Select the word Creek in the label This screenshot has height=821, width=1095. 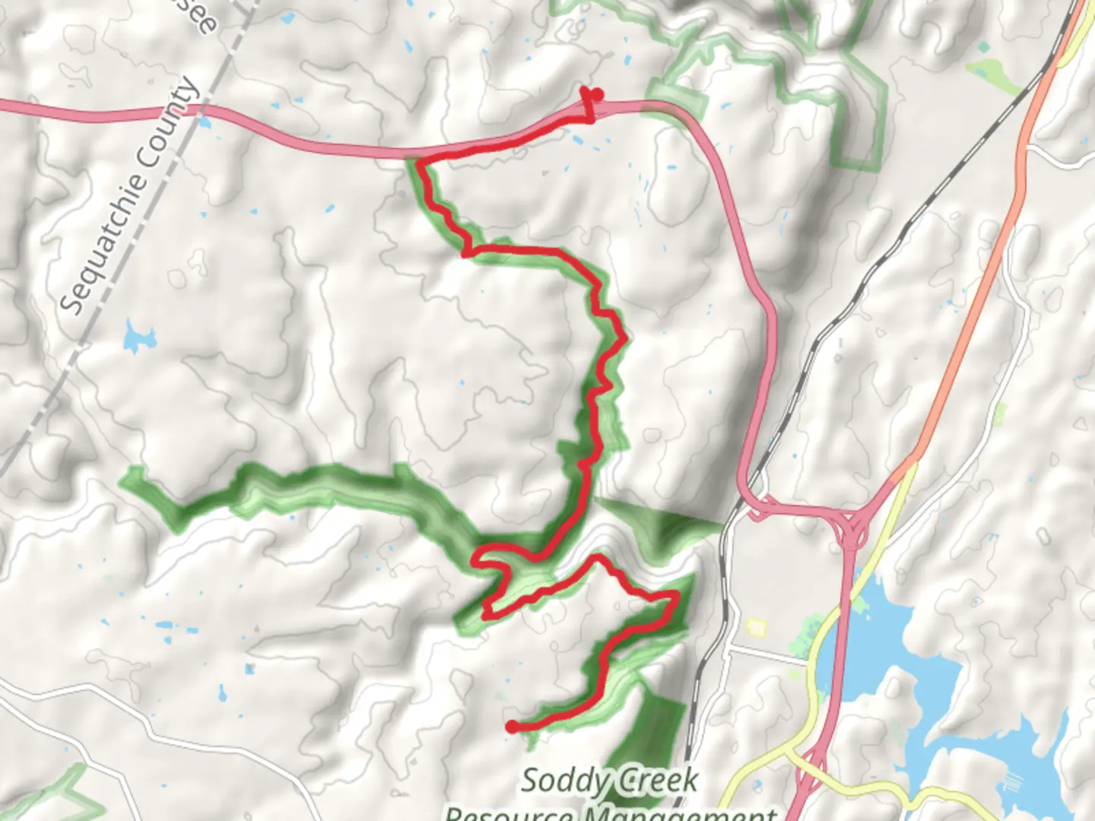657,781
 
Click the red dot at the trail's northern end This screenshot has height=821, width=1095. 597,94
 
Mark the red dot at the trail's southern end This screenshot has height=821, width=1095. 513,727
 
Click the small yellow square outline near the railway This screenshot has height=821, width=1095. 755,626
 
